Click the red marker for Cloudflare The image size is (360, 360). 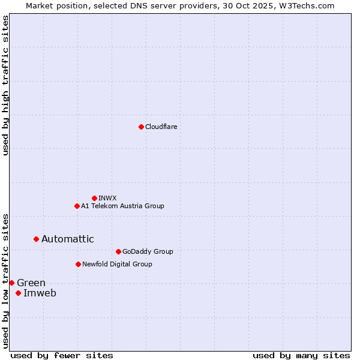[141, 127]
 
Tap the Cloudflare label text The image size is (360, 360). [161, 127]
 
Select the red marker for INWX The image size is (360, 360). [94, 198]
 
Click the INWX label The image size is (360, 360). [108, 198]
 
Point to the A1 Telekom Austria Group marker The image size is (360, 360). [77, 206]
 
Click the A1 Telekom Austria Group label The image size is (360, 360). [122, 206]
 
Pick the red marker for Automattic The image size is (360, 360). [36, 239]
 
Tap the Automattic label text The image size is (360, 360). [68, 239]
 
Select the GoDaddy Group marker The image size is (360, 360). [118, 251]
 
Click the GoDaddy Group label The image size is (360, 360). [148, 251]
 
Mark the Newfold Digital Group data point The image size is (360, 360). [78, 264]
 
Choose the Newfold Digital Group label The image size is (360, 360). [117, 264]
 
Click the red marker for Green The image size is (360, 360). [11, 283]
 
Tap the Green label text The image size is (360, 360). [31, 283]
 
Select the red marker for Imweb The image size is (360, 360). [18, 293]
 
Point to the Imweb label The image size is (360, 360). [40, 293]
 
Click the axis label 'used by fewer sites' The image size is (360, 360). [62, 355]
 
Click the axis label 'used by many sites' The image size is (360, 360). [301, 355]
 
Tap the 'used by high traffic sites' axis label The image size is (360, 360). [5, 85]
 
